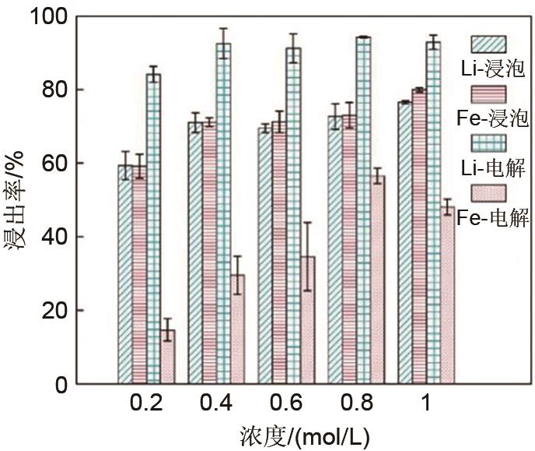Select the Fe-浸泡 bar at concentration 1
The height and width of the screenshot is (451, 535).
[x=419, y=237]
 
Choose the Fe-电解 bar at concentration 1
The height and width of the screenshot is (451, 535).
[x=447, y=295]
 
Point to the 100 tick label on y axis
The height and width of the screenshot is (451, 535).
[x=54, y=16]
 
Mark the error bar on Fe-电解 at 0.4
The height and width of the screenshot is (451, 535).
[x=238, y=274]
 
